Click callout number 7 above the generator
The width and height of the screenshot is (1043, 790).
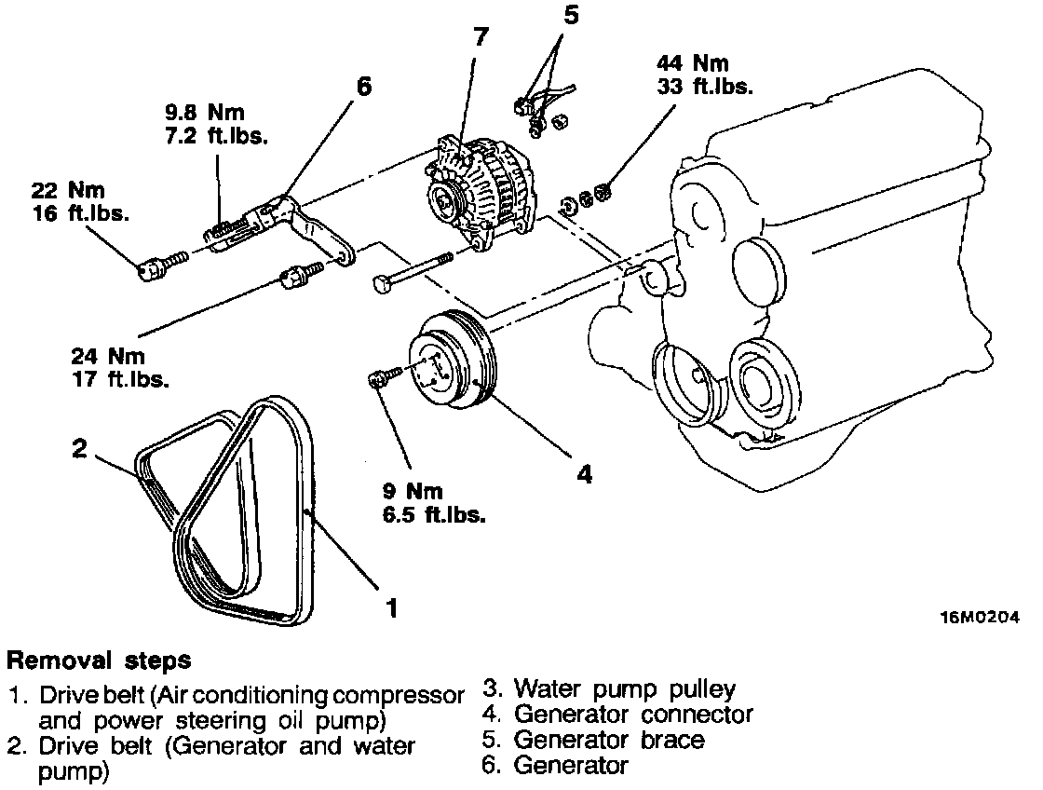point(480,38)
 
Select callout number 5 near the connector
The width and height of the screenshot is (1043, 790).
point(569,15)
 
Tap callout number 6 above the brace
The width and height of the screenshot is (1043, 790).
point(363,87)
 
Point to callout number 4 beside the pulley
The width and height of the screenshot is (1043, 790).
point(584,474)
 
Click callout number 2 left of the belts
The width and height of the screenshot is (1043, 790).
point(80,449)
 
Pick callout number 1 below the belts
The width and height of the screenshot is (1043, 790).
point(392,608)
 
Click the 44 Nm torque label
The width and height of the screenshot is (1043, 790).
point(692,63)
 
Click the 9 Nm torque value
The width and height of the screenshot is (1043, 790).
point(413,492)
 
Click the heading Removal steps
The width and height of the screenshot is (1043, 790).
point(99,661)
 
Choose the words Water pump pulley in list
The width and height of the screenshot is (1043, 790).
point(625,689)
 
